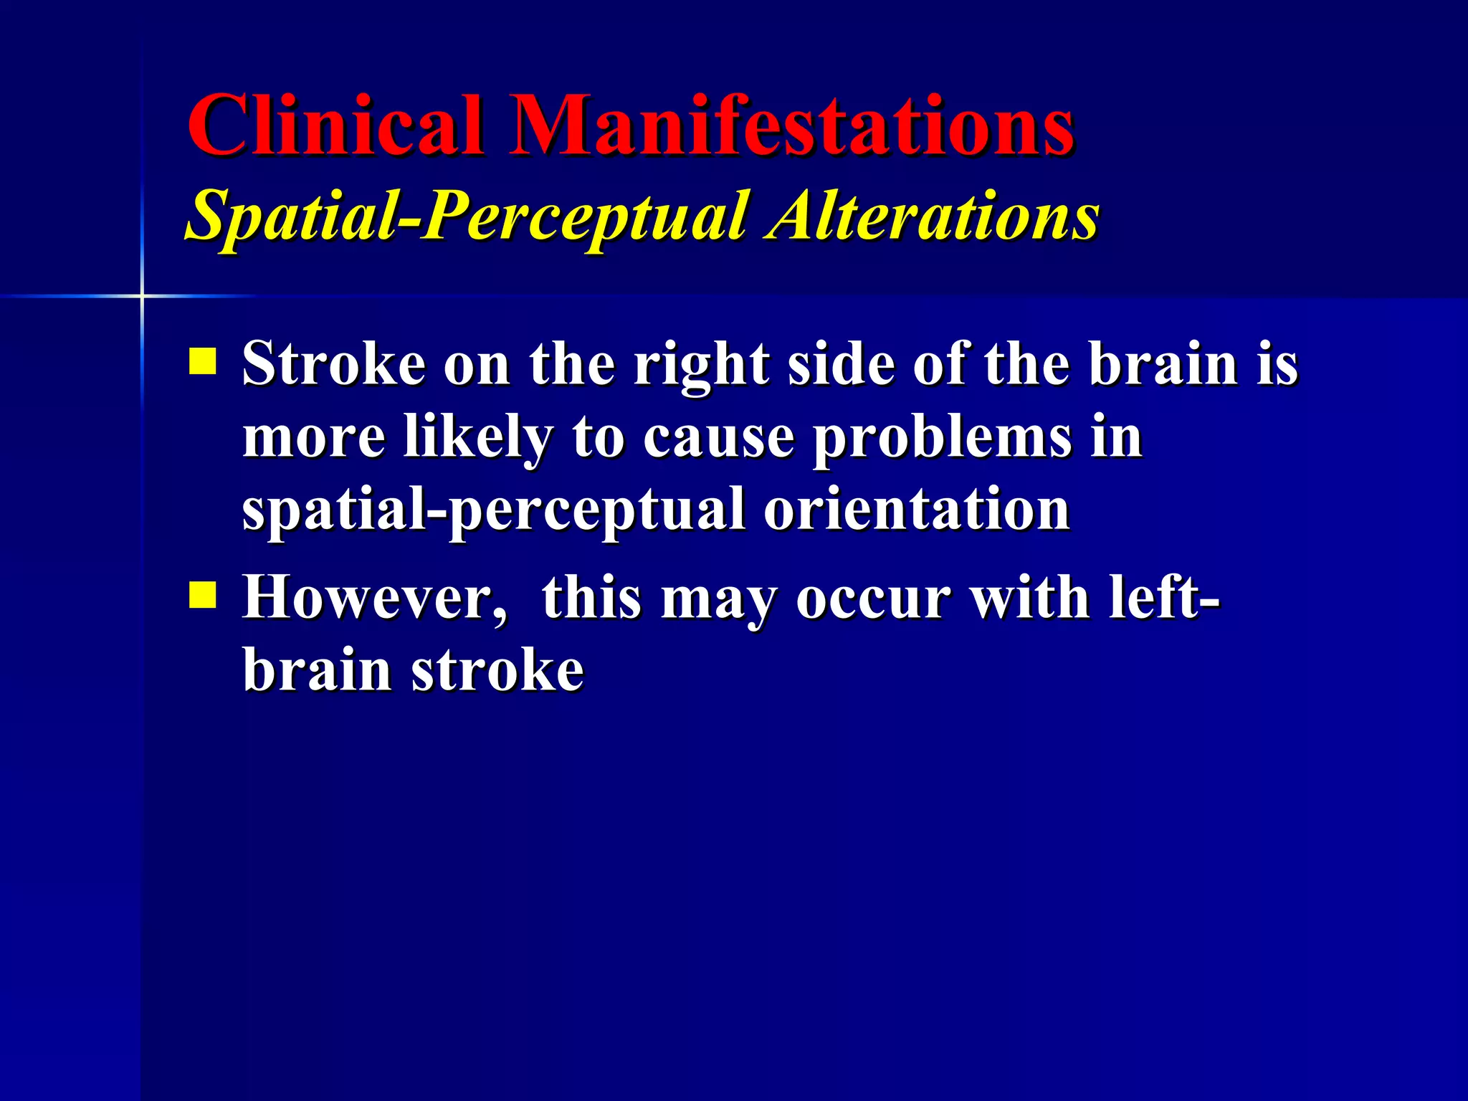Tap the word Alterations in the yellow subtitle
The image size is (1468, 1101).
[x=933, y=216]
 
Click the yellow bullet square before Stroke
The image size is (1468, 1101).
[x=203, y=361]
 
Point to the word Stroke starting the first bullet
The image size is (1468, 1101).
[x=334, y=364]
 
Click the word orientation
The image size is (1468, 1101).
[x=917, y=510]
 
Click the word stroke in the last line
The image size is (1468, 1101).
[x=498, y=671]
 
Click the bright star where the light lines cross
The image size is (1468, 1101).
[x=142, y=295]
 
